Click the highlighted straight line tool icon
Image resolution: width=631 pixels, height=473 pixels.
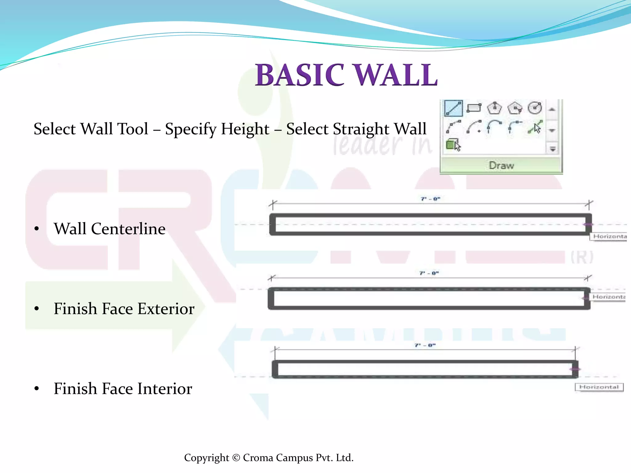click(x=453, y=108)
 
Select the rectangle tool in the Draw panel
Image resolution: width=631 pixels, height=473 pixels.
click(x=474, y=108)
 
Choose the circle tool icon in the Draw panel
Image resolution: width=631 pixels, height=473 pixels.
click(x=535, y=108)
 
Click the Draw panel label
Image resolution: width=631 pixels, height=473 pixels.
click(x=501, y=165)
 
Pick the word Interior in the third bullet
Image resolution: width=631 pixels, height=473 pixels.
click(x=165, y=389)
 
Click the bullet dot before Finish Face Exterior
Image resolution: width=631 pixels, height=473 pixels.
click(x=37, y=309)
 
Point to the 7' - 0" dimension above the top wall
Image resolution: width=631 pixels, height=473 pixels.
click(x=430, y=199)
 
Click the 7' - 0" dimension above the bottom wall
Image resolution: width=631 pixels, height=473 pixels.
click(x=425, y=345)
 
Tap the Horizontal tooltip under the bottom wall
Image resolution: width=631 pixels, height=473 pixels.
click(x=599, y=387)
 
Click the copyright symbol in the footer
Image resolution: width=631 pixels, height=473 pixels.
click(x=236, y=458)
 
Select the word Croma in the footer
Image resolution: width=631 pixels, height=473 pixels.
click(x=258, y=458)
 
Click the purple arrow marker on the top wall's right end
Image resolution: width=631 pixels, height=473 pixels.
click(x=588, y=224)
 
